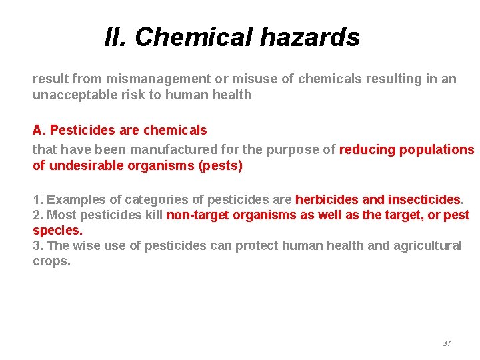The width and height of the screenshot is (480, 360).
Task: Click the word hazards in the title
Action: [x=310, y=37]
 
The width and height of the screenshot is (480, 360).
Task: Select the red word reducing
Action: [x=367, y=149]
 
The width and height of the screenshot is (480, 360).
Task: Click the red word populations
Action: [x=437, y=149]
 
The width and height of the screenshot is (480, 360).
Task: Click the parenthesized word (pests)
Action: [x=221, y=165]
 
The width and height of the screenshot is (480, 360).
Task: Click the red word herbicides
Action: [x=326, y=199]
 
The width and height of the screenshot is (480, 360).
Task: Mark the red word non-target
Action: [x=197, y=215]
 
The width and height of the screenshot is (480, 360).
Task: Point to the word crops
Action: [x=51, y=261]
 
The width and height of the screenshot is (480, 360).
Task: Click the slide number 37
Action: [x=447, y=343]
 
